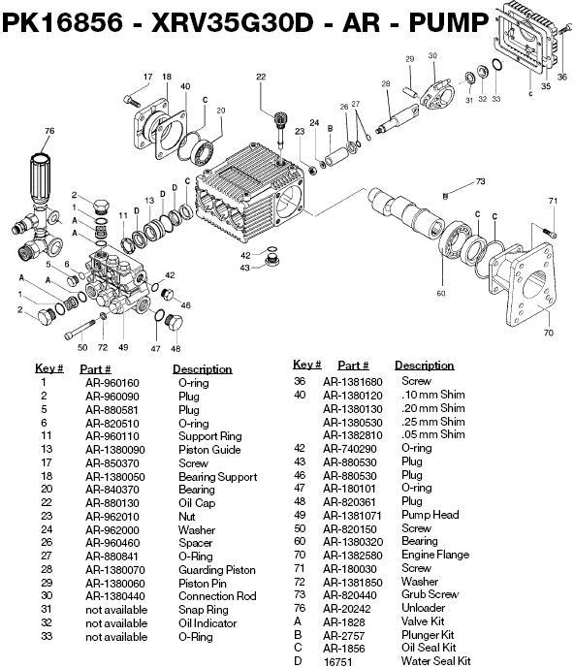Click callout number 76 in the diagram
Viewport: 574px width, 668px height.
pos(48,131)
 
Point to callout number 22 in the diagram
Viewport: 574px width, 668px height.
pos(261,77)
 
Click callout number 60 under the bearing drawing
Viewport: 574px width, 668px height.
pos(441,293)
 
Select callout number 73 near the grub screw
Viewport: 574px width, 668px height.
pos(479,181)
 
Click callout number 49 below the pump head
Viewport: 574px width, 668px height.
pos(123,346)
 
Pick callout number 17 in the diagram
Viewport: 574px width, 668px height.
pos(148,77)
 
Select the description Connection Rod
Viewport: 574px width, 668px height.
pos(219,597)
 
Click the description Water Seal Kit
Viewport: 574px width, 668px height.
pos(436,661)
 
